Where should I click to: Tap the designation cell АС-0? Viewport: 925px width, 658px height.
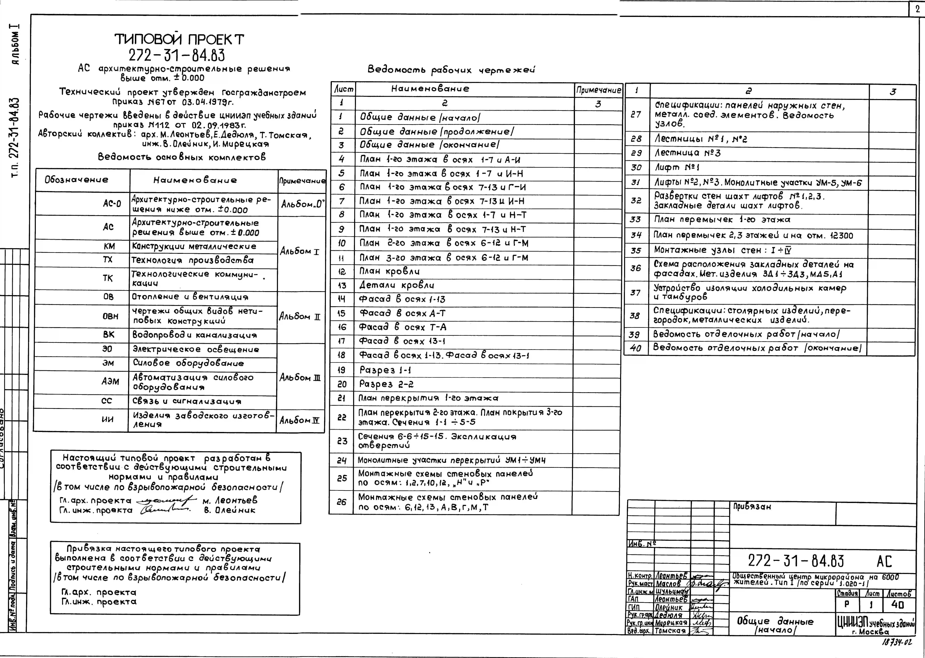pos(112,203)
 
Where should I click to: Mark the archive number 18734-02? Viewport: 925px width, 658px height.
pos(897,642)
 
